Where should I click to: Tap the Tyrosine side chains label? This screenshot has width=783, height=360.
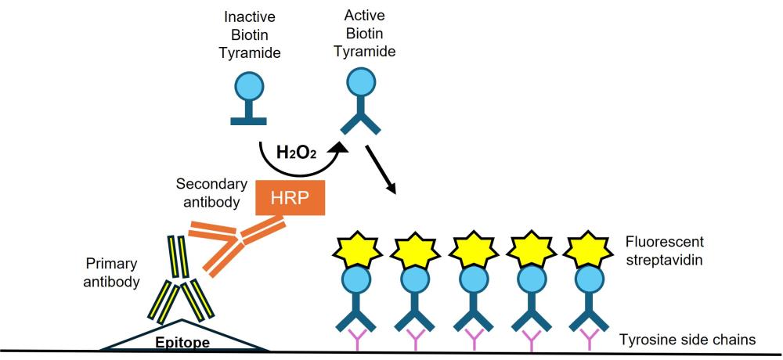click(687, 340)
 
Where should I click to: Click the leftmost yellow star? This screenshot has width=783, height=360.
click(358, 250)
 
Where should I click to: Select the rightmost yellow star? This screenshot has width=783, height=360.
click(588, 250)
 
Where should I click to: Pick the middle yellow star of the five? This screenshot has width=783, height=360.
click(473, 250)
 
